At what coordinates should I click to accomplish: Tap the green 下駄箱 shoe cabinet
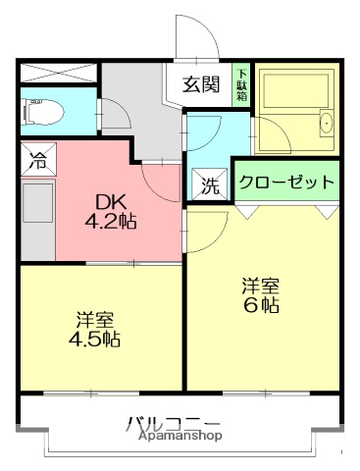click(x=241, y=84)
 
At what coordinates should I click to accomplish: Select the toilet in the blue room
click(x=45, y=113)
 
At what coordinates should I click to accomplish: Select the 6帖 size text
click(x=261, y=305)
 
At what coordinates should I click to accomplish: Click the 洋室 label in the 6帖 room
click(x=261, y=285)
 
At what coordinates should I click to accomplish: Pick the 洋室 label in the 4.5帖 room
click(x=96, y=319)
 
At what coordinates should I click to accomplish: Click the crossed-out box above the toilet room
click(x=58, y=73)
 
